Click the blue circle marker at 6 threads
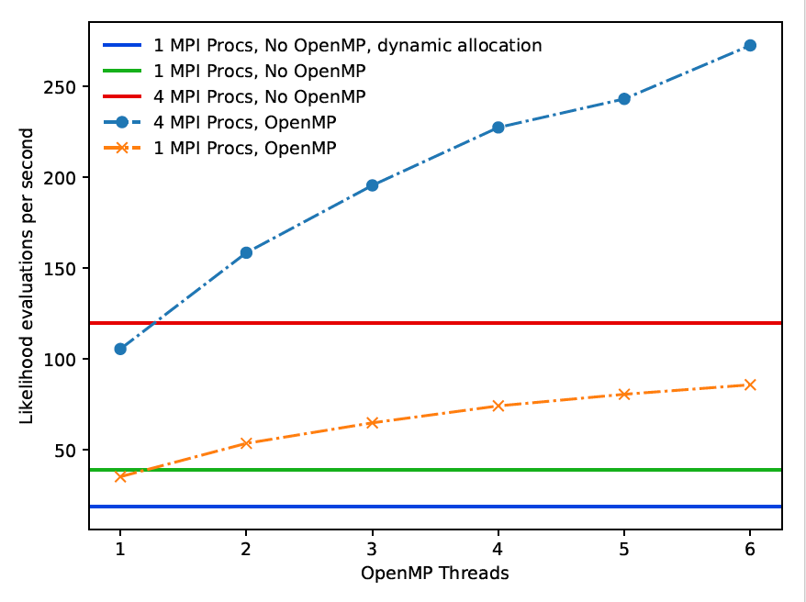(x=750, y=45)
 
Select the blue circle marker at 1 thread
(x=120, y=349)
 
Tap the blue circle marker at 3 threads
(x=373, y=185)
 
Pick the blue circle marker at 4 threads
(x=498, y=128)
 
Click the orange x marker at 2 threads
(x=246, y=443)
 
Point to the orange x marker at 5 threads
(x=624, y=395)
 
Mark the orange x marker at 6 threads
(x=750, y=385)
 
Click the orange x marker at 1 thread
(x=120, y=476)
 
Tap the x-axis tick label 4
(x=498, y=547)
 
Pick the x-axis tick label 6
(x=750, y=547)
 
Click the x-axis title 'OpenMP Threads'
(x=435, y=574)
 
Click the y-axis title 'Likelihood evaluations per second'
(x=27, y=275)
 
